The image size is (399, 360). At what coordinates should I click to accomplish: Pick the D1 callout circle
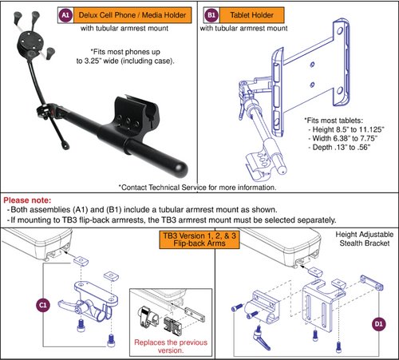[x=377, y=324]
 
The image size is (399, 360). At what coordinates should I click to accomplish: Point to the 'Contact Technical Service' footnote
[x=198, y=188]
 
